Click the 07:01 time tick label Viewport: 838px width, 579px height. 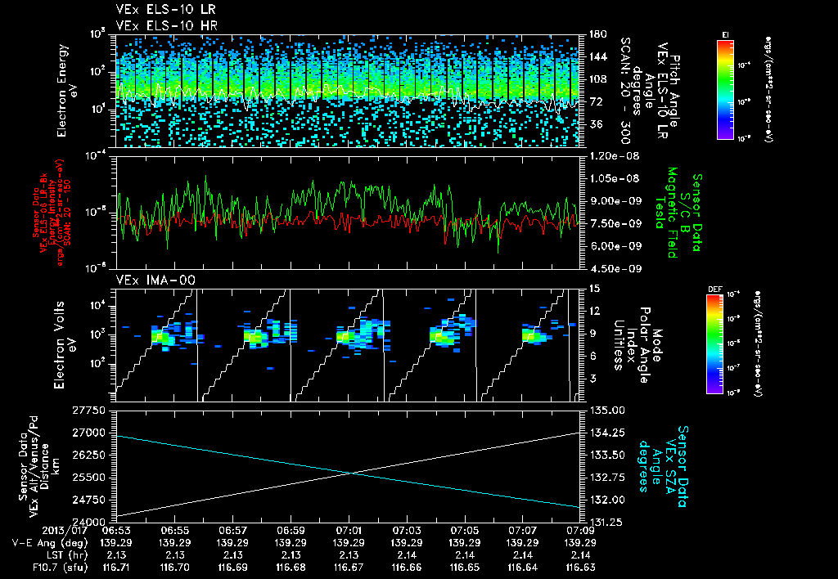pos(349,531)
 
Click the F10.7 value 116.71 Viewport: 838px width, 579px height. pos(116,566)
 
